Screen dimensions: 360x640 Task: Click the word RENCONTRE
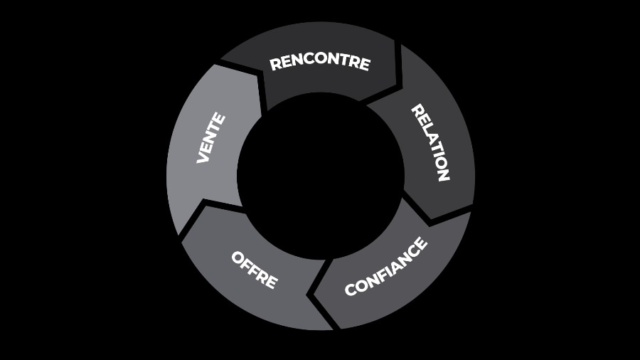320,63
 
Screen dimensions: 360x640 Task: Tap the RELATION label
431,142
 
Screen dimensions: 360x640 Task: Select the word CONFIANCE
386,267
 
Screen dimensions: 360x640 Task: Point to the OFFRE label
254,269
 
